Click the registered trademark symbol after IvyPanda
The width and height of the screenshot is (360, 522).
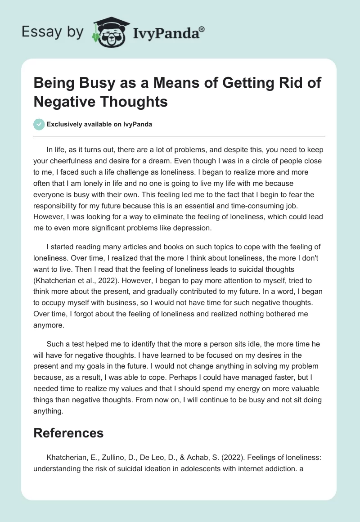point(202,29)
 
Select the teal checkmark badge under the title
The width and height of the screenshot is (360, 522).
point(39,124)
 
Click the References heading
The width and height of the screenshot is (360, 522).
point(68,433)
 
